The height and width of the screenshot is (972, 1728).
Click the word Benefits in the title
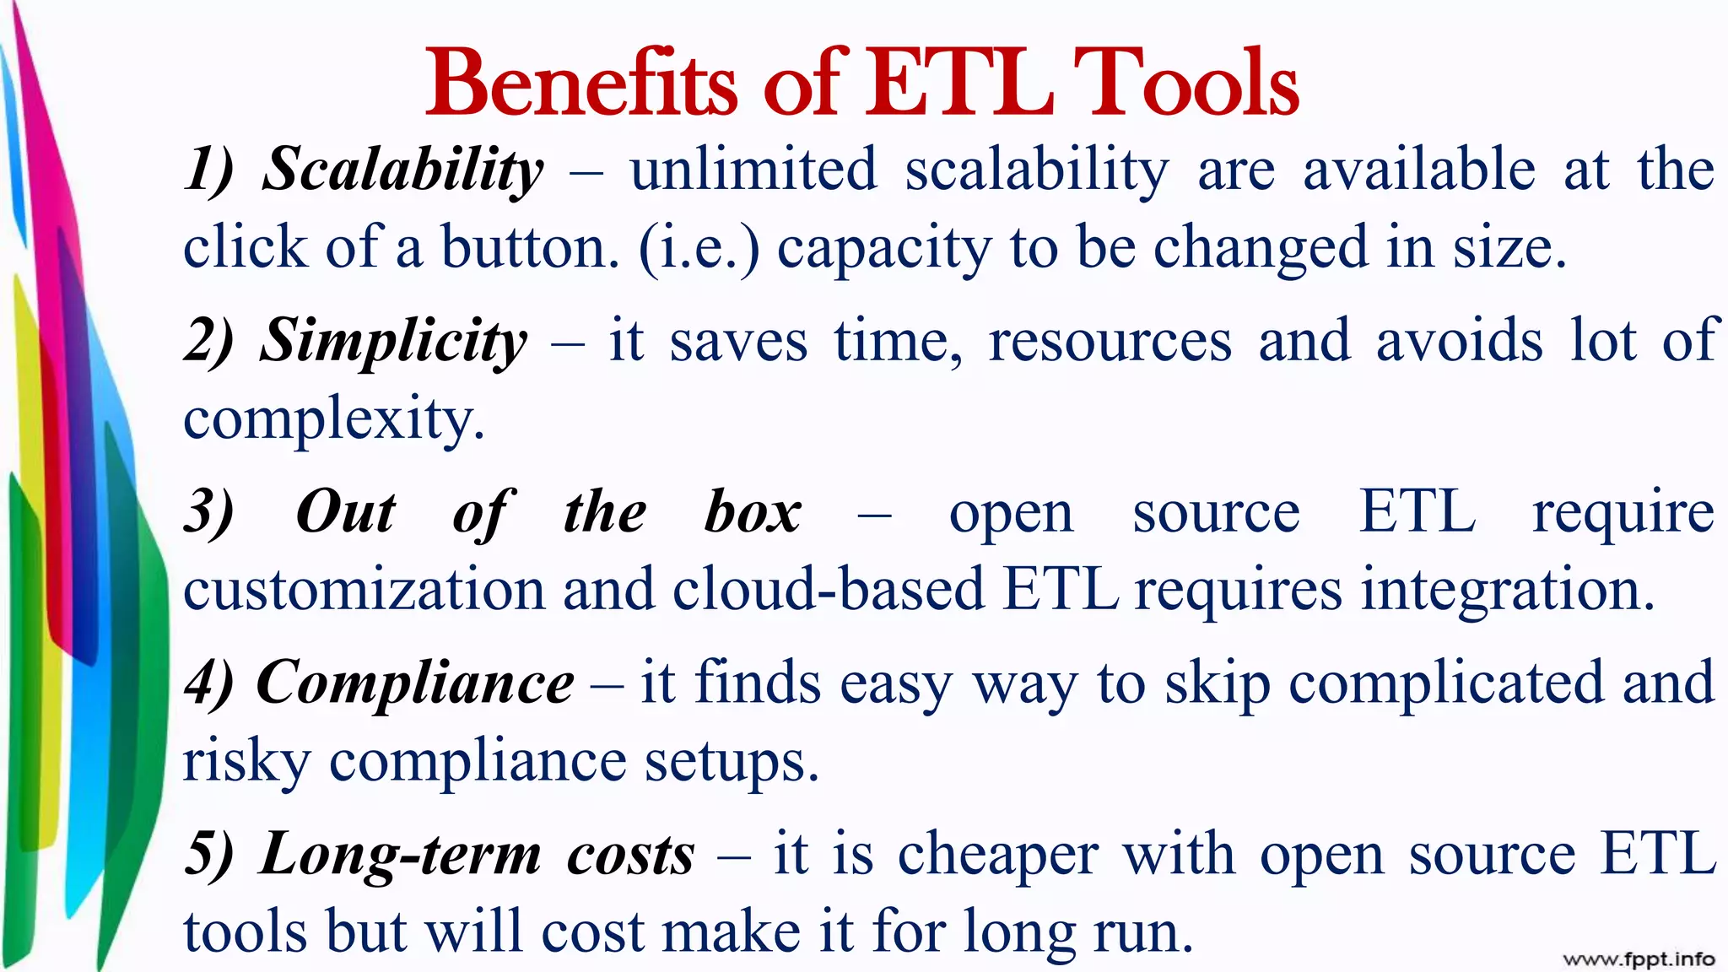tap(580, 84)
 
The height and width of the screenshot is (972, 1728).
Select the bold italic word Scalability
tap(403, 171)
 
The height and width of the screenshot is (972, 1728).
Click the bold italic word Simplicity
tap(393, 343)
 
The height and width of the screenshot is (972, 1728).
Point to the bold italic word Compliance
tap(414, 683)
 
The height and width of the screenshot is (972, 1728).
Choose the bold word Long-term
tap(400, 855)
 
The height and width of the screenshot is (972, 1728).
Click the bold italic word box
tap(753, 512)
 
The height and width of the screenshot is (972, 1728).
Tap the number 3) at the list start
tap(208, 512)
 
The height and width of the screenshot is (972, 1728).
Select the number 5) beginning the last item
tap(208, 855)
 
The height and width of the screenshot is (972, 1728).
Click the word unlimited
tap(753, 170)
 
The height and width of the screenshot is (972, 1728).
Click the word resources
tap(1110, 343)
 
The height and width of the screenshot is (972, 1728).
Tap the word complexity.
tap(334, 420)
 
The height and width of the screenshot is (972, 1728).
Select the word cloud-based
tap(828, 590)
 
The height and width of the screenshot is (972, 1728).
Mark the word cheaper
tap(997, 855)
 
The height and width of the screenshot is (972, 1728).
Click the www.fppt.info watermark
tap(1639, 959)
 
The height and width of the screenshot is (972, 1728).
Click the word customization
tap(364, 590)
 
